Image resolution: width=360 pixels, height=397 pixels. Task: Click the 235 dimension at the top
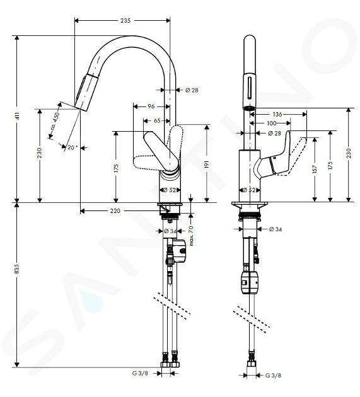[125, 21]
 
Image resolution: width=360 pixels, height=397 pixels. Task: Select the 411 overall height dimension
[17, 116]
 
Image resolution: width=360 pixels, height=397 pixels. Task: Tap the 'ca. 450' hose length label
[55, 120]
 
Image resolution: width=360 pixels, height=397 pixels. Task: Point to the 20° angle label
[73, 147]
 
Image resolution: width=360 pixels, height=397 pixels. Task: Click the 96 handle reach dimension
[151, 106]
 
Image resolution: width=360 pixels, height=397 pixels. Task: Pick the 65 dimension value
[157, 120]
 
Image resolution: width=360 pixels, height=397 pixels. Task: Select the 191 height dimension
[207, 164]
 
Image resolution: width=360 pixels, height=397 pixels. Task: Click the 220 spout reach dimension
[115, 210]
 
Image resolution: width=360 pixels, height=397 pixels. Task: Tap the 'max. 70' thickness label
[191, 236]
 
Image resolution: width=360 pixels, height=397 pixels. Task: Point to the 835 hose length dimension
[17, 268]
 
